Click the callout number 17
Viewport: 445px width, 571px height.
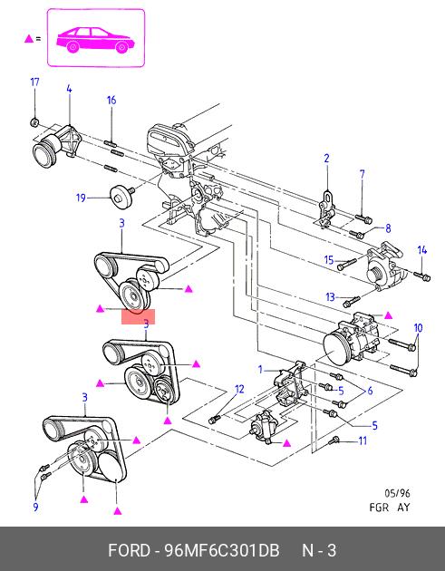click(x=34, y=82)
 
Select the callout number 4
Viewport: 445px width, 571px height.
click(x=69, y=89)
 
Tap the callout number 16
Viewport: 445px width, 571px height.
click(x=111, y=100)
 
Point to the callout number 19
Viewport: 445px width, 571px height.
click(x=81, y=198)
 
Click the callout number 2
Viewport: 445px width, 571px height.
click(x=326, y=159)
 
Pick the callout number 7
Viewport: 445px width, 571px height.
click(x=362, y=174)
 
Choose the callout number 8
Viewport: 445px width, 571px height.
click(x=388, y=228)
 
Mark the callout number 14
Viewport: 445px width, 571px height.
click(x=422, y=250)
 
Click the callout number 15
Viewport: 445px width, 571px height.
click(x=329, y=260)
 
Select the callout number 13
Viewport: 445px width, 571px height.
click(x=330, y=297)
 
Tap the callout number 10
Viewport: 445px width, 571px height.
click(x=418, y=328)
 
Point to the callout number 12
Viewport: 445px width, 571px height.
click(x=239, y=390)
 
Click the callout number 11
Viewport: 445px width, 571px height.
click(x=363, y=441)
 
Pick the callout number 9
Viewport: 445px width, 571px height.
click(x=35, y=507)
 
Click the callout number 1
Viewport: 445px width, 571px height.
click(x=260, y=370)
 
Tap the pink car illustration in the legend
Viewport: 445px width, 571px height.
click(x=95, y=40)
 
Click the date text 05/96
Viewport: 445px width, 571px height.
click(x=397, y=493)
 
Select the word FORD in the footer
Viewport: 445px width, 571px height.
click(x=129, y=550)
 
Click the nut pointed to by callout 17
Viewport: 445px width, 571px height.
click(x=34, y=122)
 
